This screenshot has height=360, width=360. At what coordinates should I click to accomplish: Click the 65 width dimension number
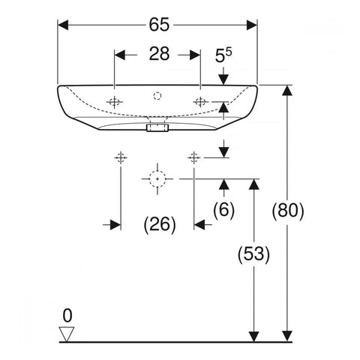[x=159, y=25]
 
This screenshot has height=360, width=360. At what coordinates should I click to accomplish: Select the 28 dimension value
[x=159, y=54]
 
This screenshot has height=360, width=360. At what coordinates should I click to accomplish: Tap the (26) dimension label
[x=160, y=224]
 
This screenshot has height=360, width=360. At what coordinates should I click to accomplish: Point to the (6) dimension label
[x=223, y=209]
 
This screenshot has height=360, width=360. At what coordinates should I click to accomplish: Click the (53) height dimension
[x=253, y=254]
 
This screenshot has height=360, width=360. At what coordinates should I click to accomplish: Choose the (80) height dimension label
[x=288, y=211]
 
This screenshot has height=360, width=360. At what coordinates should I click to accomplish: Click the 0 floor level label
[x=67, y=316]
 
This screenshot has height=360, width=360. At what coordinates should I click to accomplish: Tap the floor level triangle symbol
[x=67, y=334]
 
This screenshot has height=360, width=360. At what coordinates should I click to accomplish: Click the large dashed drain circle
[x=157, y=178]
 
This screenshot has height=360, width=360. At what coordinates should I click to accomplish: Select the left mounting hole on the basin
[x=114, y=102]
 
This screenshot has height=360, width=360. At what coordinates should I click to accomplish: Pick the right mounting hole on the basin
[x=200, y=102]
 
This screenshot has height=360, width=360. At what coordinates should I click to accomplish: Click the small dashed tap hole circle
[x=157, y=96]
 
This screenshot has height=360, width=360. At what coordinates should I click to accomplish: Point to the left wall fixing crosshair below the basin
[x=121, y=157]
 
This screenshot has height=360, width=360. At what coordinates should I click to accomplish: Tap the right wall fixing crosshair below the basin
[x=194, y=157]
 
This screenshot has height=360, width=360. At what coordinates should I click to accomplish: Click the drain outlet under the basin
[x=157, y=127]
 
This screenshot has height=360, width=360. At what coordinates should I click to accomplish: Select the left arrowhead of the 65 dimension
[x=63, y=25]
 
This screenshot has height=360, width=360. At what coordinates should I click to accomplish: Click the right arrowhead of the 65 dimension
[x=252, y=25]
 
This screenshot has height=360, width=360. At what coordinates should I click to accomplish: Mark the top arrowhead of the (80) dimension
[x=287, y=90]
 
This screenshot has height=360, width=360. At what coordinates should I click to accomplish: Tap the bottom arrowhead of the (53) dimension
[x=253, y=336]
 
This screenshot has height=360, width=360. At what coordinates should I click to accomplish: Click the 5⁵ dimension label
[x=223, y=55]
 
